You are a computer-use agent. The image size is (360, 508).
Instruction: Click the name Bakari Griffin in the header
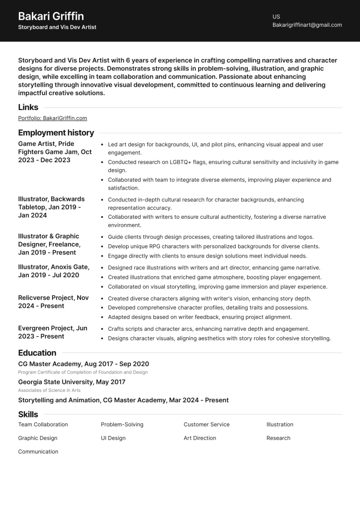tap(51, 16)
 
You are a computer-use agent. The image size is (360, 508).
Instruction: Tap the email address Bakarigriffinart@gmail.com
tap(307, 25)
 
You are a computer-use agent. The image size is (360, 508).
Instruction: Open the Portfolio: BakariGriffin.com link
tap(53, 118)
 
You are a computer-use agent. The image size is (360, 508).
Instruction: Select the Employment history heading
tap(56, 132)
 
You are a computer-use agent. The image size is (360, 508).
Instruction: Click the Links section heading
tap(28, 107)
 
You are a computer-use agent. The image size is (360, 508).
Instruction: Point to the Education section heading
tap(37, 353)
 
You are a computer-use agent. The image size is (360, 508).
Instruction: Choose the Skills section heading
tap(28, 414)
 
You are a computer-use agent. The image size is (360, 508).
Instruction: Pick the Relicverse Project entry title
tap(53, 302)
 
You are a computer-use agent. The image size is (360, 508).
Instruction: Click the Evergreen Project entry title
tap(52, 332)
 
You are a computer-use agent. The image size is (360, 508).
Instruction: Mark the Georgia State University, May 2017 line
tap(72, 382)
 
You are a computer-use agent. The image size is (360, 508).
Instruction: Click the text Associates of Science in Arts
tap(49, 390)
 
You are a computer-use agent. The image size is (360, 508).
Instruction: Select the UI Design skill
tap(113, 438)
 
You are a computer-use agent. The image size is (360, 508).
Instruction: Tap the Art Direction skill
tap(200, 438)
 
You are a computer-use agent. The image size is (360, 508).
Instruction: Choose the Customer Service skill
tap(207, 425)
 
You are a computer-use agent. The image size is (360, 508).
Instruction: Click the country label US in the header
tap(276, 16)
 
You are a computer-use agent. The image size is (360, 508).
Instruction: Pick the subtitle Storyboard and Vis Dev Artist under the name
tap(57, 27)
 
